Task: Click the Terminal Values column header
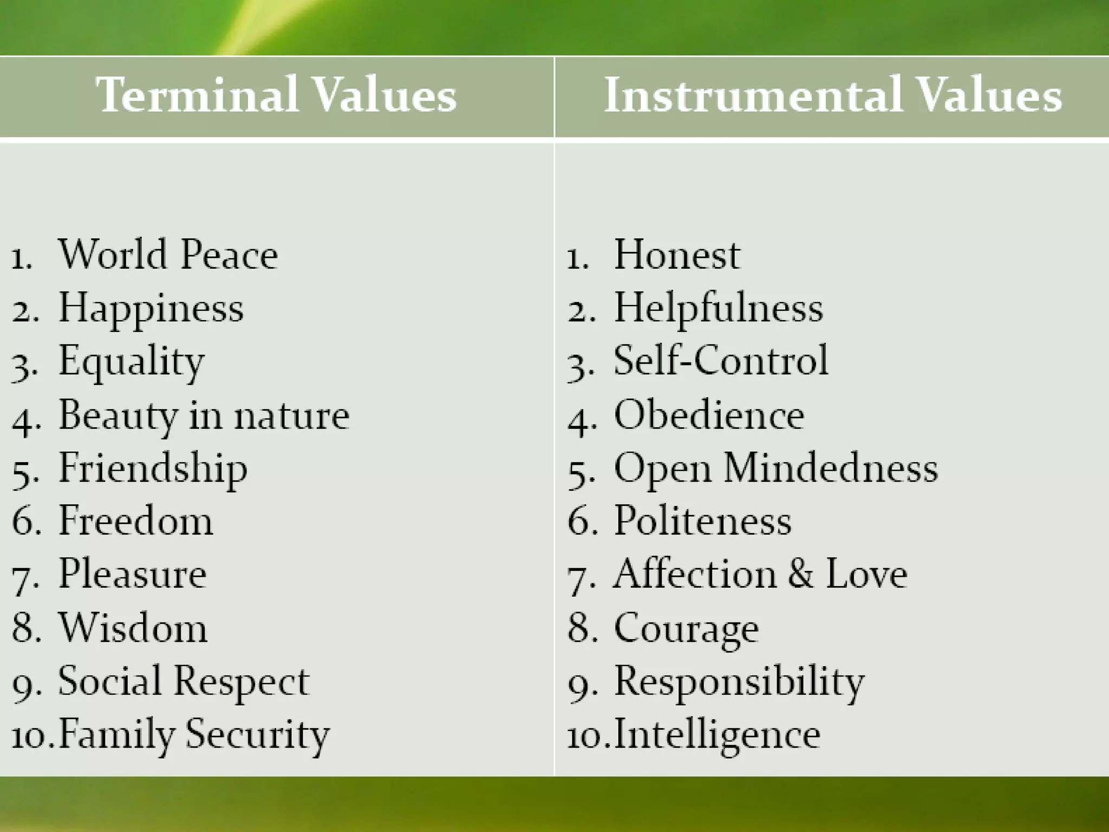[276, 95]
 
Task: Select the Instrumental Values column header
[832, 95]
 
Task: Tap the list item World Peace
[168, 254]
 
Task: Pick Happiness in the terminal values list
[151, 308]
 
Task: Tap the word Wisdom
[133, 628]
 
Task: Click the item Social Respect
[183, 681]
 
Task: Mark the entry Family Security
[193, 734]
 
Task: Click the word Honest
[676, 254]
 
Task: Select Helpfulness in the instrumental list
[718, 308]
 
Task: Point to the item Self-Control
[721, 361]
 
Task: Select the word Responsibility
[739, 681]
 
